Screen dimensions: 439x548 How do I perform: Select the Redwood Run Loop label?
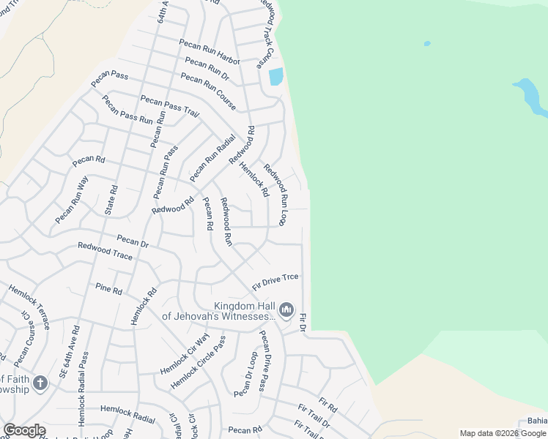coord(276,195)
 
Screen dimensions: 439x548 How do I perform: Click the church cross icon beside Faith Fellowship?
coord(40,382)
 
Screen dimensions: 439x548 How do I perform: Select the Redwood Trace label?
coord(105,252)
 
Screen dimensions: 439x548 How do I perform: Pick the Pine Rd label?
coord(108,289)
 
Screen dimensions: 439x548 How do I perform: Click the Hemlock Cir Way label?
coord(185,354)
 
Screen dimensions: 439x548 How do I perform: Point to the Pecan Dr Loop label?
coord(245,374)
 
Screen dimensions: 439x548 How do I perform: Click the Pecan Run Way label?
coord(71,200)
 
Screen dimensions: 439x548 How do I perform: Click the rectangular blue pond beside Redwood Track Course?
coord(275,77)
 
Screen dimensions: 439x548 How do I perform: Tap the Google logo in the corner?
coord(24,430)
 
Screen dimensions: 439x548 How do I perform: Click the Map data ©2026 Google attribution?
coord(503,433)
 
